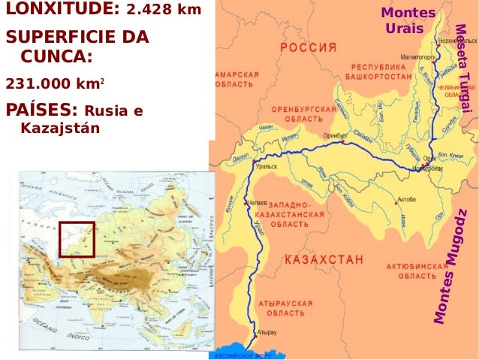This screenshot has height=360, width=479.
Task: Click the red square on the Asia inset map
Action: pos(77,240)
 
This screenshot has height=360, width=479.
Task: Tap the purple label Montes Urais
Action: pos(407,21)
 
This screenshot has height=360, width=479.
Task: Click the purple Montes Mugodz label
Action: pos(453,267)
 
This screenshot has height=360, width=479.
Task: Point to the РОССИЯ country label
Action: pos(309,47)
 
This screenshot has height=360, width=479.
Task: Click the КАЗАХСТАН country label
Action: pos(324,259)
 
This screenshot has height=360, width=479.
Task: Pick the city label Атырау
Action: pos(267,331)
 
